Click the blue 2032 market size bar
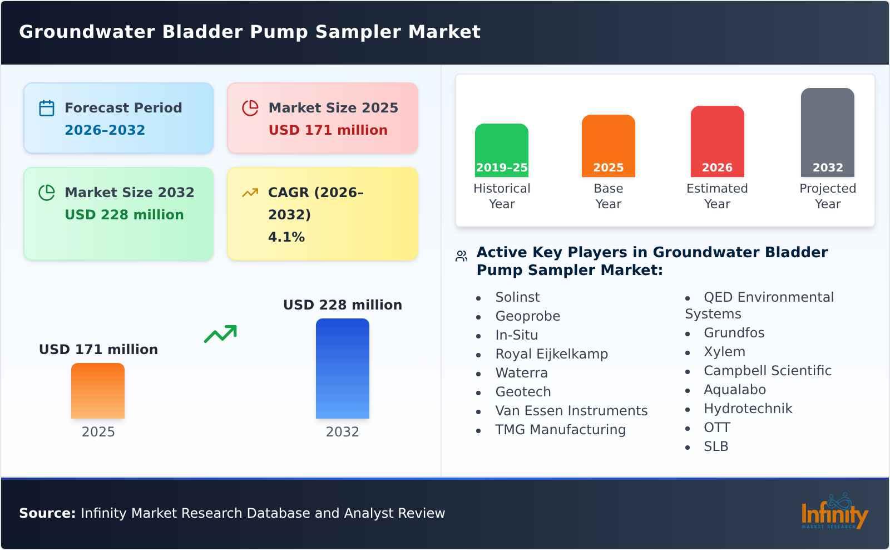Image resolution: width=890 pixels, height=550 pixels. [342, 368]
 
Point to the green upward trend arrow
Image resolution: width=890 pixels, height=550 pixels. [220, 334]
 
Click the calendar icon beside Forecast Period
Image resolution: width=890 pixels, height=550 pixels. [47, 108]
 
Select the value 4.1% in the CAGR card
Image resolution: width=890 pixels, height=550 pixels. [286, 237]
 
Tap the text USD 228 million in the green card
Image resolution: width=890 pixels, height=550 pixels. [124, 215]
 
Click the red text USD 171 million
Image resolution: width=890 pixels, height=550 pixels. [328, 130]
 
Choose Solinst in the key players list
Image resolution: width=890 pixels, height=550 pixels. [517, 297]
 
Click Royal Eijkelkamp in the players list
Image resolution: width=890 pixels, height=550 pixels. [551, 354]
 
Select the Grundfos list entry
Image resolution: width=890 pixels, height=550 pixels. [734, 333]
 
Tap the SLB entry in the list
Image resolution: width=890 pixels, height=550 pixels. [715, 446]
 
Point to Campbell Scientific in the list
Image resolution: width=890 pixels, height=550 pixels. [767, 371]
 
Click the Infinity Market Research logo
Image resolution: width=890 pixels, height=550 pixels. [834, 512]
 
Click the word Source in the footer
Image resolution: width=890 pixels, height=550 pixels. [47, 513]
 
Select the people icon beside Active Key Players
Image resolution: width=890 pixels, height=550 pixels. [461, 256]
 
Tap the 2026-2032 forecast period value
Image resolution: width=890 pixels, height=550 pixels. [105, 130]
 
